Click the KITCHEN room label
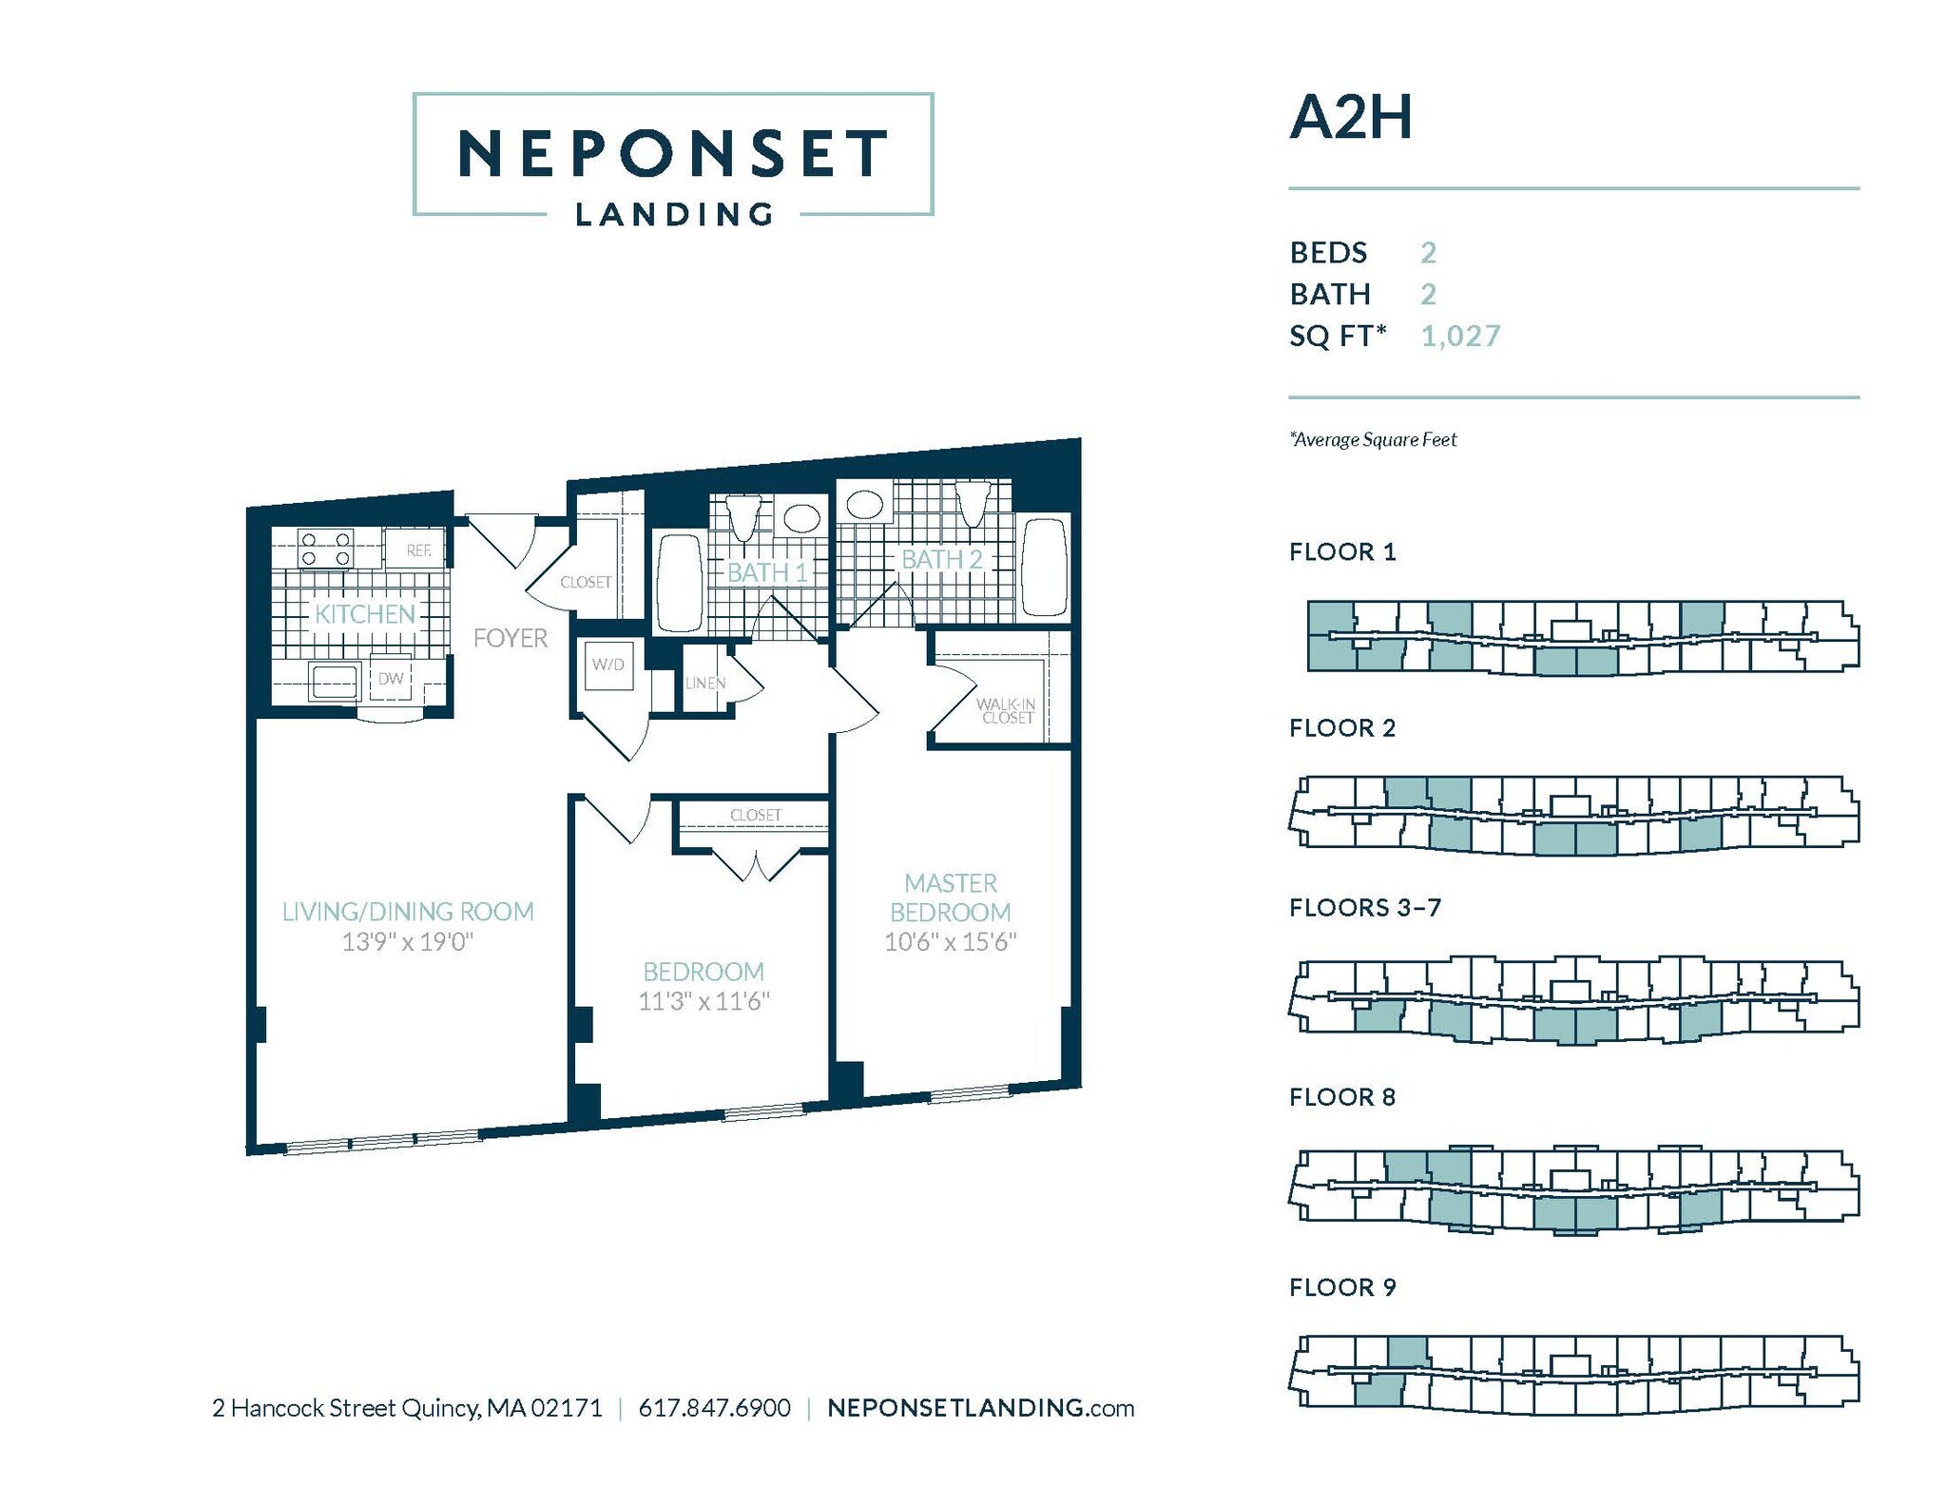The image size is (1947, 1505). [x=365, y=614]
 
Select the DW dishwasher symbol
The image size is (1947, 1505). [x=391, y=678]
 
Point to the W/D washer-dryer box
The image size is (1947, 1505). [x=608, y=665]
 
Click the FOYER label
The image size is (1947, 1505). [x=511, y=638]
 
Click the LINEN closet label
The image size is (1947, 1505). [x=705, y=683]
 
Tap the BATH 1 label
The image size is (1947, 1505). [x=767, y=572]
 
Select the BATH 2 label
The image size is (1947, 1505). [x=941, y=559]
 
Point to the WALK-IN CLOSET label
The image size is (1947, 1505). [x=1006, y=710]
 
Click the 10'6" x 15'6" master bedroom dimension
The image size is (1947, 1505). [x=950, y=942]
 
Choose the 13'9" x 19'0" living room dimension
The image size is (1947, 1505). [x=407, y=942]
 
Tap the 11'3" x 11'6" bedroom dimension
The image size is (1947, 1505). [x=703, y=1001]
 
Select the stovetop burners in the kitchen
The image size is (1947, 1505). [x=326, y=549]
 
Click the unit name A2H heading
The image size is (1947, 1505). [x=1350, y=118]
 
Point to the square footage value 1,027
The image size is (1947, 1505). [x=1460, y=336]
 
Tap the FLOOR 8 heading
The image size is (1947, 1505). [x=1341, y=1097]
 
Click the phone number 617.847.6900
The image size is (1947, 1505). [x=714, y=1408]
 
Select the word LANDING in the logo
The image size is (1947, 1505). [x=674, y=214]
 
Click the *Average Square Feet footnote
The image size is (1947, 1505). [x=1373, y=439]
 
